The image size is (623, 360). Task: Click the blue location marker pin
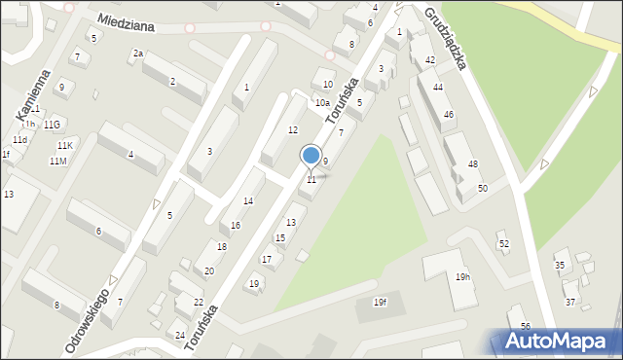311,156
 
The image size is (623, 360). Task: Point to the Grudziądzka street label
446,37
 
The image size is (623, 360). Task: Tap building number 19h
462,277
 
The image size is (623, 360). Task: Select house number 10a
321,103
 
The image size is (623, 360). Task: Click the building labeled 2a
138,54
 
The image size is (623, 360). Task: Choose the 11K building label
63,146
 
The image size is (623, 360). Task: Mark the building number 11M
57,161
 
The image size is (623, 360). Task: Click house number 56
526,326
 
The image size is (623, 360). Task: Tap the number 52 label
503,243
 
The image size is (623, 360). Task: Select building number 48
473,163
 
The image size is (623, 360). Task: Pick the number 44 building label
438,88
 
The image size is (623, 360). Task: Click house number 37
570,303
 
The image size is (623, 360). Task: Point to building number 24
180,336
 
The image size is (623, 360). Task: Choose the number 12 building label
292,130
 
